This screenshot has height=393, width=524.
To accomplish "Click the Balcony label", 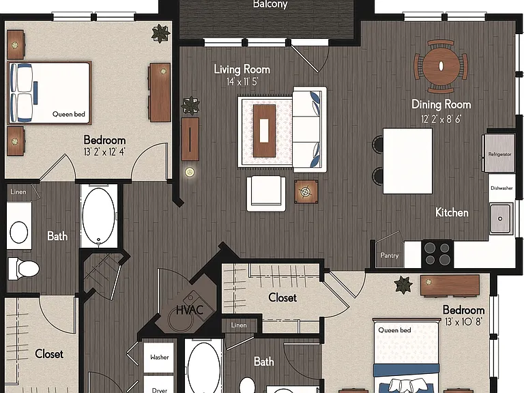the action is tap(270, 4).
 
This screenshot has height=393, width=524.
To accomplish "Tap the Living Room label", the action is tap(242, 69).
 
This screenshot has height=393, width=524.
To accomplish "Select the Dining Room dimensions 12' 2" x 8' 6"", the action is tap(441, 119).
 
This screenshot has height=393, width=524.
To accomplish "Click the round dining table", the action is tap(441, 65).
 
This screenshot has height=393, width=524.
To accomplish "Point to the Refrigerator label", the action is tap(499, 154).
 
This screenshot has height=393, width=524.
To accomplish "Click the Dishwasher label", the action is tap(501, 188).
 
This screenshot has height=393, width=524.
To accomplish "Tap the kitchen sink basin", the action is tap(501, 218).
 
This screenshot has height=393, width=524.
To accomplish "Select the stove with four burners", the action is tap(437, 254).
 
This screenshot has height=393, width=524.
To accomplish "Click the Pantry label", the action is tap(390, 255).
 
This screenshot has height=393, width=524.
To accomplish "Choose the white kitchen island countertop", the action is tap(407, 161).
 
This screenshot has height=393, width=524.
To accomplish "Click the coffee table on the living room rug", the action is tap(264, 131).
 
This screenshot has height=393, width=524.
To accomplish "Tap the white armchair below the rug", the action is tap(266, 194).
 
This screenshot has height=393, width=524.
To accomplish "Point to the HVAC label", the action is tap(190, 310).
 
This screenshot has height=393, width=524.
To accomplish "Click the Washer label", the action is tap(160, 357).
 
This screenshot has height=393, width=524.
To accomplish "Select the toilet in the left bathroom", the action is tap(23, 268).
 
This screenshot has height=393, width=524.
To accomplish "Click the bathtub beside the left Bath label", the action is tap(98, 216).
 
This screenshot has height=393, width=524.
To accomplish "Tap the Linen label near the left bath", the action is tap(18, 192).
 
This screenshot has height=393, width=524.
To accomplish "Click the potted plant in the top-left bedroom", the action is tap(161, 33).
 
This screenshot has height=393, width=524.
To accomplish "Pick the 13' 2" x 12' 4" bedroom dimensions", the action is tap(104, 152).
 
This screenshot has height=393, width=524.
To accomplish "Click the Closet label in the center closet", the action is tap(282, 297).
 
